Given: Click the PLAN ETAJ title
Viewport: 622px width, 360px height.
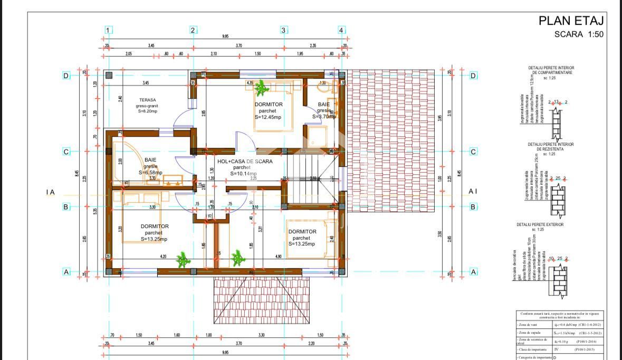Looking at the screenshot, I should [570, 21].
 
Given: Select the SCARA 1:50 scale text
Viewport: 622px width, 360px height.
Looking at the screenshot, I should [578, 34].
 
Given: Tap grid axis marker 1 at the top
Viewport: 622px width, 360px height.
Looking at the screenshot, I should [107, 30].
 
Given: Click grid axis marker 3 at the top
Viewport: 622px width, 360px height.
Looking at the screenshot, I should [283, 30].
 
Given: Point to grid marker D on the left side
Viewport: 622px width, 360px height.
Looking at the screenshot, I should [66, 75].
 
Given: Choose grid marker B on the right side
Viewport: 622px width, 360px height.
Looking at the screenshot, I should [473, 207].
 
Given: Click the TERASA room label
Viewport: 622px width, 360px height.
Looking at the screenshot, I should [148, 99].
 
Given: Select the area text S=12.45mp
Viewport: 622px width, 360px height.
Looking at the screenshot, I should [270, 117].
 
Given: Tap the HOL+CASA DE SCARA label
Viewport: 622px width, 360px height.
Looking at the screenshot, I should [245, 161].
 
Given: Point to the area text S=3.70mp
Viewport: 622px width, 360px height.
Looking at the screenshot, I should [324, 117].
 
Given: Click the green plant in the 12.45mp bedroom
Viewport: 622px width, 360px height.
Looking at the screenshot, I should [260, 90].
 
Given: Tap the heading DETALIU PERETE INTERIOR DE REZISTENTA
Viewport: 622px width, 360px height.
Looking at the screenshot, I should [550, 146].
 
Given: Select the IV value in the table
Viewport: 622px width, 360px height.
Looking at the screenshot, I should [556, 349].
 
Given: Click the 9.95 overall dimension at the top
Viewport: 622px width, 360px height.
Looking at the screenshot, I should [225, 36].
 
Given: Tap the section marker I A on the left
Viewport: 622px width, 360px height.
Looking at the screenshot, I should [51, 193].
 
